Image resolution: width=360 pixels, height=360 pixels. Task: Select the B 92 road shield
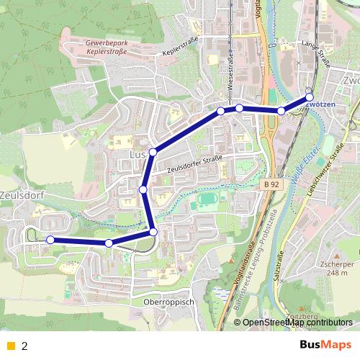(270, 185)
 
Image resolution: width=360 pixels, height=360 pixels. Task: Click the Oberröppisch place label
(169, 302)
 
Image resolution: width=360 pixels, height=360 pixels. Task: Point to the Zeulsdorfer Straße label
(195, 163)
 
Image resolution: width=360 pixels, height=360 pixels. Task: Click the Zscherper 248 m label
(337, 268)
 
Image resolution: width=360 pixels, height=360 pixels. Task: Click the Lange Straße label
(315, 55)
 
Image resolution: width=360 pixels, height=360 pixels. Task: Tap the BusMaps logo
(325, 346)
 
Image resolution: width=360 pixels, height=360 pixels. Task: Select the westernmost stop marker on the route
(50, 240)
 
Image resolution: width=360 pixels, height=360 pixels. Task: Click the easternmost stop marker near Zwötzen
(310, 96)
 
